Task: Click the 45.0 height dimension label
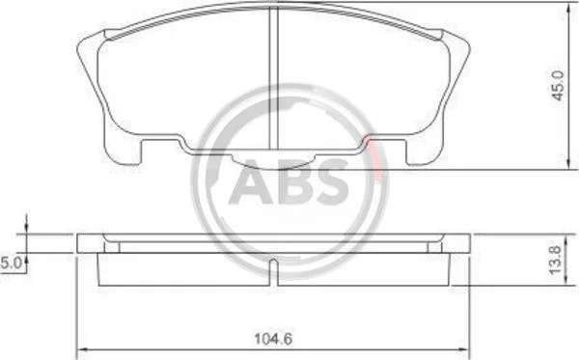558,86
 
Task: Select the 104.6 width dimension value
273,339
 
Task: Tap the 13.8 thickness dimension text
555,260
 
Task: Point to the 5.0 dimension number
12,263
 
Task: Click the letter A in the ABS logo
251,181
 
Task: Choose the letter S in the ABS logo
332,181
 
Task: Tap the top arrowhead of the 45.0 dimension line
569,8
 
